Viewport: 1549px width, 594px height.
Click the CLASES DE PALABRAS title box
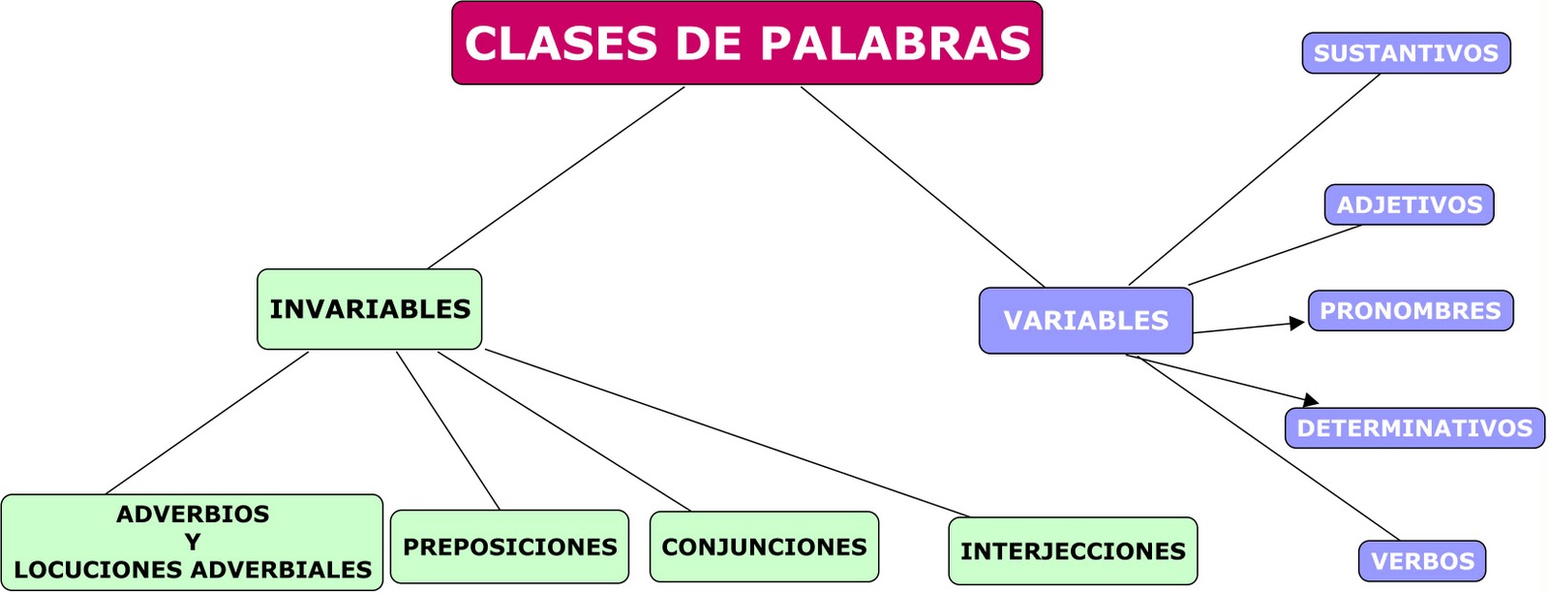point(746,44)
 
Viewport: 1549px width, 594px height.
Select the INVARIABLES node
point(369,309)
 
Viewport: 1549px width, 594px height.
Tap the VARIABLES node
point(1085,321)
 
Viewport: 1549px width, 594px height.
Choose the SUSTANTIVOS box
point(1406,53)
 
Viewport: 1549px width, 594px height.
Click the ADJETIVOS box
point(1409,204)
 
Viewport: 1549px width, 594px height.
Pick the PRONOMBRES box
point(1410,311)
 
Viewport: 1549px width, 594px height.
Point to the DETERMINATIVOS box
point(1414,428)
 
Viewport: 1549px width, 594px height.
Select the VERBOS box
point(1422,561)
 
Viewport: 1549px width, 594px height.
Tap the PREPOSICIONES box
point(509,547)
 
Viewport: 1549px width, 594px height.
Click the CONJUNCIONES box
point(764,547)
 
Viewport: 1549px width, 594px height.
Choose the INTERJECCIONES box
point(1073,551)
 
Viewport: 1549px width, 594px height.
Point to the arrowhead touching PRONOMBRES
point(1298,324)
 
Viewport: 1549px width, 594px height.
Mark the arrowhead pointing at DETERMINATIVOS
point(1311,399)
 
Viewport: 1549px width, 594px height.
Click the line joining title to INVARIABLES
point(557,177)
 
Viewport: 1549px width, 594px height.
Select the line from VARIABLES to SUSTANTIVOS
point(1254,179)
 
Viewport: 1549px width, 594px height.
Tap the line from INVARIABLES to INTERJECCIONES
point(726,432)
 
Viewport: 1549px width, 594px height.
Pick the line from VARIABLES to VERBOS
point(1268,448)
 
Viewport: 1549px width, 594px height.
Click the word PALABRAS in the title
point(896,44)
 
